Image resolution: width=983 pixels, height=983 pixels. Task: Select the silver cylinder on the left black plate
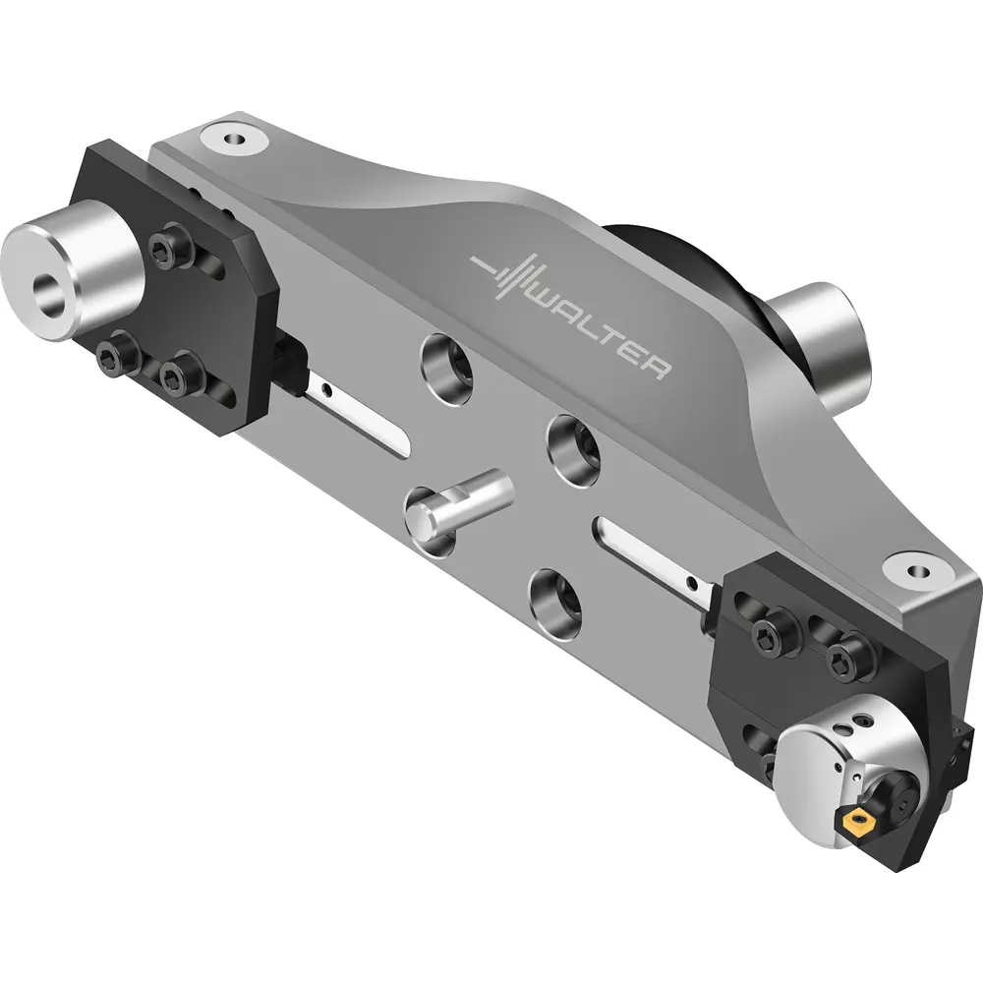[72, 269]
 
